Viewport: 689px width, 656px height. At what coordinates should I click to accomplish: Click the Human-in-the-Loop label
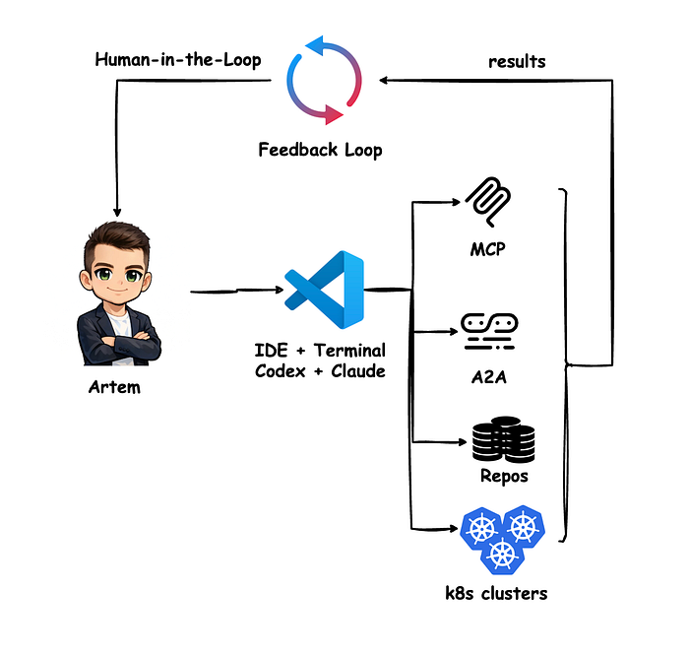pyautogui.click(x=178, y=60)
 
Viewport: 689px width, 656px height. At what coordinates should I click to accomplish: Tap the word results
pyautogui.click(x=517, y=61)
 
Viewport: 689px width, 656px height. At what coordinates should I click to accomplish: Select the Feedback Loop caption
pyautogui.click(x=320, y=150)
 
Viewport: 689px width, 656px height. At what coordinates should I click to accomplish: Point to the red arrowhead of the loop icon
pyautogui.click(x=333, y=115)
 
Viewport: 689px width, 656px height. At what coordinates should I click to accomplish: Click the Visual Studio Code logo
pyautogui.click(x=324, y=290)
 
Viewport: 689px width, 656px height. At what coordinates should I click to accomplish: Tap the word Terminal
pyautogui.click(x=349, y=351)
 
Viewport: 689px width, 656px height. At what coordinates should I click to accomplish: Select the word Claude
pyautogui.click(x=358, y=371)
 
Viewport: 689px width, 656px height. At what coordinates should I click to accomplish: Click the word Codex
pyautogui.click(x=280, y=371)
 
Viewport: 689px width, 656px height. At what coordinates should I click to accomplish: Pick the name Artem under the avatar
pyautogui.click(x=114, y=387)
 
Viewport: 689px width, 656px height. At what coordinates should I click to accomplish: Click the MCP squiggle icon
pyautogui.click(x=488, y=202)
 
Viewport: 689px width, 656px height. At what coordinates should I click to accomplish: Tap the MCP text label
pyautogui.click(x=487, y=249)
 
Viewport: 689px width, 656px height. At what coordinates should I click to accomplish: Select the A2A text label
pyautogui.click(x=488, y=377)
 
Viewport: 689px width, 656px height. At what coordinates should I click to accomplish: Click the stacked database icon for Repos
pyautogui.click(x=504, y=439)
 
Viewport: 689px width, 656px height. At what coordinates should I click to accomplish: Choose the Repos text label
pyautogui.click(x=504, y=476)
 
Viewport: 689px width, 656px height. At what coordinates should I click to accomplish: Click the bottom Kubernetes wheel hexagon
pyautogui.click(x=502, y=555)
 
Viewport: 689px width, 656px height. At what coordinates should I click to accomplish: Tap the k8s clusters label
pyautogui.click(x=496, y=594)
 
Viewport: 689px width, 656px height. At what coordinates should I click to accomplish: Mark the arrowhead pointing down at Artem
pyautogui.click(x=117, y=213)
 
